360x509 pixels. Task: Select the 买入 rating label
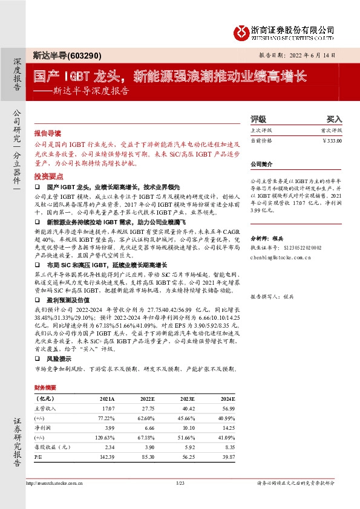[x=334, y=120]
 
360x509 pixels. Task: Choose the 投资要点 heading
[x=48, y=176]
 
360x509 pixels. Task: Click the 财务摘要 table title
[x=45, y=387]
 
